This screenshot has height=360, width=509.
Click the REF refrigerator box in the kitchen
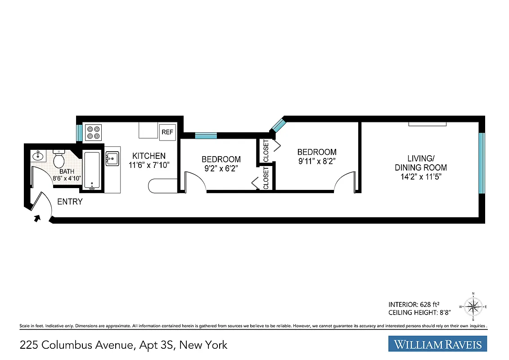pyautogui.click(x=167, y=132)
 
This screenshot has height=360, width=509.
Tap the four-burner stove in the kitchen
pyautogui.click(x=94, y=132)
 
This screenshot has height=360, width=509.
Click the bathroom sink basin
pyautogui.click(x=37, y=157)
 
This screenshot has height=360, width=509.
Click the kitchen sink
pyautogui.click(x=112, y=158)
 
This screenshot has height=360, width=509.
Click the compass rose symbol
pyautogui.click(x=473, y=307)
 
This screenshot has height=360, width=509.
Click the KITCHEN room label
pyautogui.click(x=149, y=156)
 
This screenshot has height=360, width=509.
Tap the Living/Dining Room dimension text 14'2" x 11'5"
pyautogui.click(x=421, y=176)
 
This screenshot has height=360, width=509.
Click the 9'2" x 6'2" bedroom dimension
pyautogui.click(x=221, y=168)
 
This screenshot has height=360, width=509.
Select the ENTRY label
pyautogui.click(x=70, y=202)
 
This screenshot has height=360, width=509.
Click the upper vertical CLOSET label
pyautogui.click(x=266, y=151)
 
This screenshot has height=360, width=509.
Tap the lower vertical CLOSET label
pyautogui.click(x=266, y=178)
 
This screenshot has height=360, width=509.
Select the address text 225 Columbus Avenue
pyautogui.click(x=76, y=345)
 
